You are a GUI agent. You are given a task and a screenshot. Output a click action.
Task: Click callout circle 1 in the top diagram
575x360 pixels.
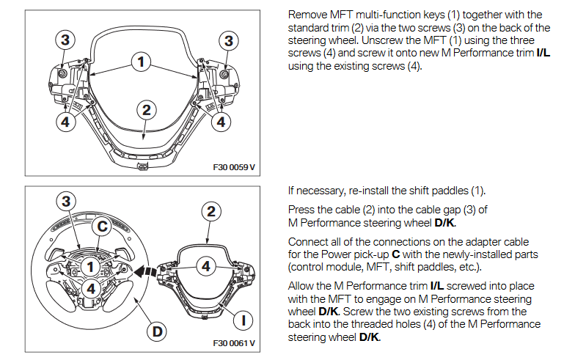coord(140,62)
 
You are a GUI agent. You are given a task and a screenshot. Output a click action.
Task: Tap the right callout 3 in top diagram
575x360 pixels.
coord(229,41)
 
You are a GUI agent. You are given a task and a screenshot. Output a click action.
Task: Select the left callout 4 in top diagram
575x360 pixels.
coord(66,122)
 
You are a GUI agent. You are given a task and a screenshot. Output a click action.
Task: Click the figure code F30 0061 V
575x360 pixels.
coord(234,342)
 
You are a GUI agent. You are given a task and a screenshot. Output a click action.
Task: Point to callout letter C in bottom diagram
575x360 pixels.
coord(105,227)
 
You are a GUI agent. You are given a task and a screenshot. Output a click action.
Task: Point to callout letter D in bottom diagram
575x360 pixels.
coord(156,331)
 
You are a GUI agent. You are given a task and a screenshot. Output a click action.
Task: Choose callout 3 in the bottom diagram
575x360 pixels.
coord(66,201)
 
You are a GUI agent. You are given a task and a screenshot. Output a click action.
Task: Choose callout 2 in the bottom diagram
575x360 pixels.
coord(211,211)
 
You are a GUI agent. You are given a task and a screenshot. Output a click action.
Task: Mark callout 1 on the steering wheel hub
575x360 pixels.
coord(88,268)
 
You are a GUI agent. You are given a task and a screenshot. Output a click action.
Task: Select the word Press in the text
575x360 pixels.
coord(301,209)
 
